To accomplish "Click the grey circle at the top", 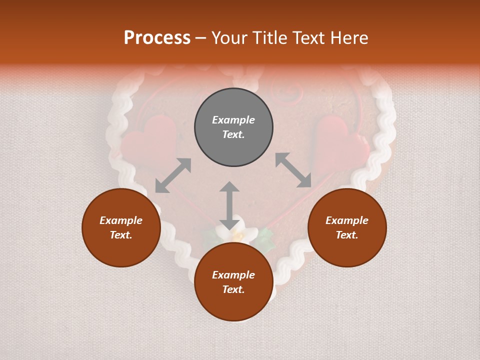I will pyautogui.click(x=233, y=127).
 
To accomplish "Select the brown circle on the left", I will pyautogui.click(x=121, y=227).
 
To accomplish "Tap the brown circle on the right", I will pyautogui.click(x=347, y=227).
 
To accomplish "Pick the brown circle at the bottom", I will pyautogui.click(x=233, y=282).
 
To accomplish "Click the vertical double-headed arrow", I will pyautogui.click(x=229, y=205).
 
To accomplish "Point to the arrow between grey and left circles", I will pyautogui.click(x=173, y=175).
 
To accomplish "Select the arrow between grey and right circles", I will pyautogui.click(x=293, y=170).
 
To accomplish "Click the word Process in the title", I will pyautogui.click(x=157, y=38).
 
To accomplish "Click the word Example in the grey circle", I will pyautogui.click(x=233, y=120).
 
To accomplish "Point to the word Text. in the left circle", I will pyautogui.click(x=121, y=235).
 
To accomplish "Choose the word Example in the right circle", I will pyautogui.click(x=347, y=220).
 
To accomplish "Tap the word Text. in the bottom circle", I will pyautogui.click(x=233, y=289).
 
